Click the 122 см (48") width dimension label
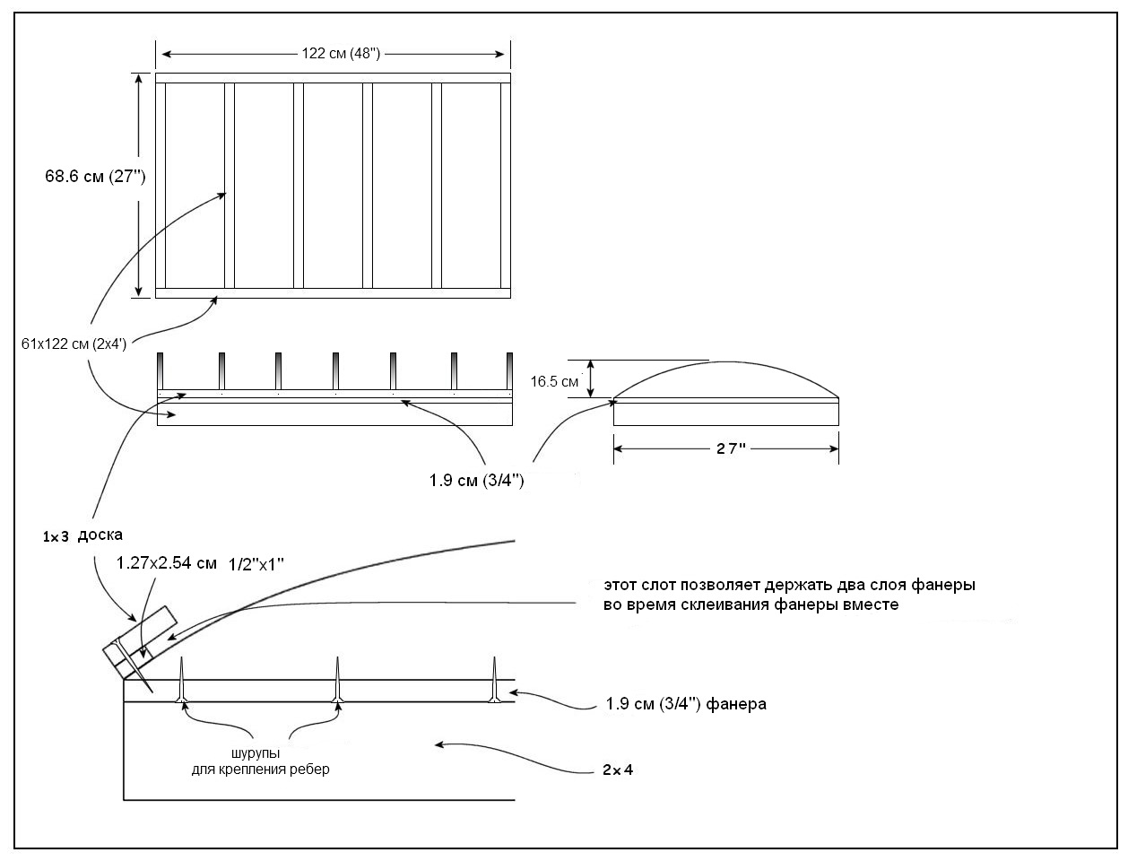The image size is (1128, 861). (x=341, y=54)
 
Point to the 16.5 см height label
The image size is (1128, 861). (x=554, y=381)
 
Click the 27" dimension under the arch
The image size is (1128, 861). (x=725, y=448)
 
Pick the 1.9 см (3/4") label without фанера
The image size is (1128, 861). (x=476, y=481)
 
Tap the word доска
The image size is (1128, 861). (x=100, y=535)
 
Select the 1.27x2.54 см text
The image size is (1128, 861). (x=167, y=563)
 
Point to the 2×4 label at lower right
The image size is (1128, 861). (x=618, y=770)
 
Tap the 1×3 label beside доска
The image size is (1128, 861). (x=55, y=536)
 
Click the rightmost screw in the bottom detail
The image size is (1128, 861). (x=494, y=682)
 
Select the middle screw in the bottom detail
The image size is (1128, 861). (x=339, y=682)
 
